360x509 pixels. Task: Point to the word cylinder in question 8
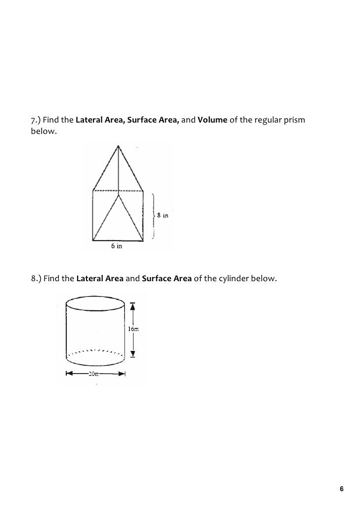232,279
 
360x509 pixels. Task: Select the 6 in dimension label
116,246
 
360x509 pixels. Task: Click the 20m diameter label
94,374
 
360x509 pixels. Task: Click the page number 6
341,489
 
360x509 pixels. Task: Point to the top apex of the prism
118,145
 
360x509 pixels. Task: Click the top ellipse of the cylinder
95,302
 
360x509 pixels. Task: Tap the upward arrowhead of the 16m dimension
133,306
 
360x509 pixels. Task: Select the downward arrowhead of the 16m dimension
133,353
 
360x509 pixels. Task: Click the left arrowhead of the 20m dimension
67,374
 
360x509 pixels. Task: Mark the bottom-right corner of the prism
143,241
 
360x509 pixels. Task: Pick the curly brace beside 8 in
154,216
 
